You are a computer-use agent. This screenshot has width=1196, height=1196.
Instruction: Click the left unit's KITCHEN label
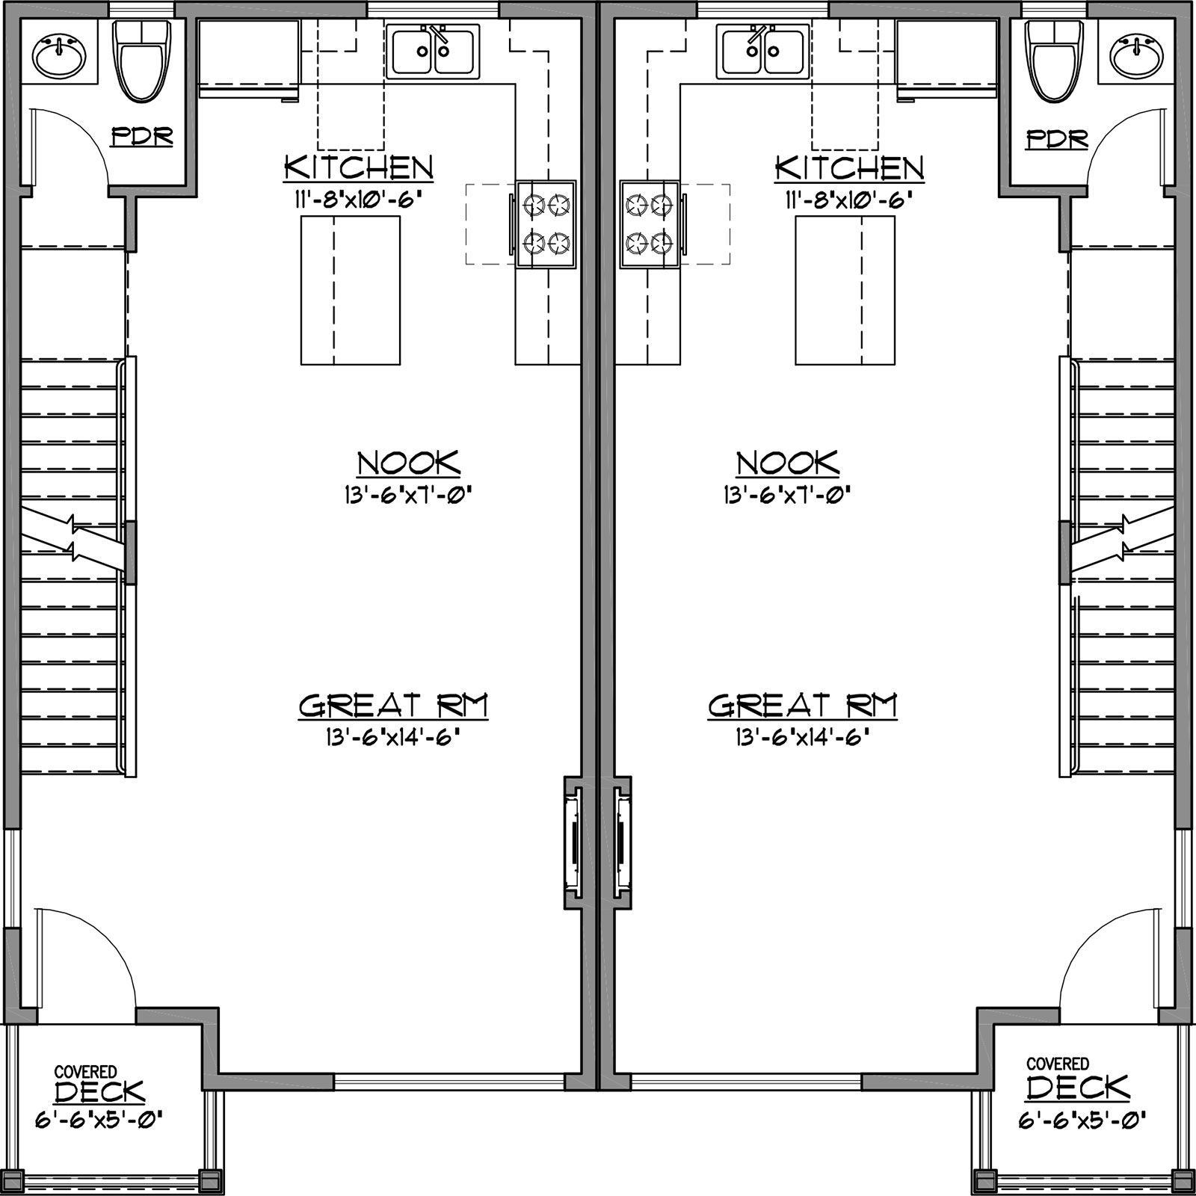pos(358,167)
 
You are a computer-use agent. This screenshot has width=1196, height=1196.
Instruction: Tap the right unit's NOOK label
pos(788,463)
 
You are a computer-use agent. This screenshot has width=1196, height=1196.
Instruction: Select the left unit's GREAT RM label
pos(393,705)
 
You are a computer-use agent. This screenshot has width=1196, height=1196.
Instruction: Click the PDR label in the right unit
pos(1057,138)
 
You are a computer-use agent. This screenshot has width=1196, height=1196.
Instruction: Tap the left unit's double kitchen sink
pos(432,51)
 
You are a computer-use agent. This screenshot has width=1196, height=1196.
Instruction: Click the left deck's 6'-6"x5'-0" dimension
pos(99,1119)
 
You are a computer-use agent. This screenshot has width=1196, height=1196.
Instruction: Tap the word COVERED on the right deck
pos(1057,1063)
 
